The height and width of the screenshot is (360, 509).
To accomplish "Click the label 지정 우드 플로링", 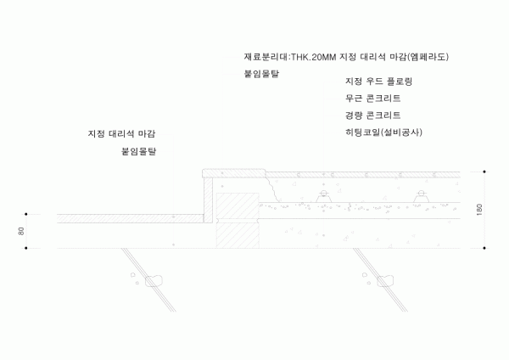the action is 378,82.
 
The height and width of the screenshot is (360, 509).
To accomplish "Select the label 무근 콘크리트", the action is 372,98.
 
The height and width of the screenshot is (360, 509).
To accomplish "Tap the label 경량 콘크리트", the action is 372,115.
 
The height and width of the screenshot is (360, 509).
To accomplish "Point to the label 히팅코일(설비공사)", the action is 383,132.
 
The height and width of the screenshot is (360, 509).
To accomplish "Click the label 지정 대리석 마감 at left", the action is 121,134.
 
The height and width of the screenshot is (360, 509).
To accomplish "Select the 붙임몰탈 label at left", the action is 139,151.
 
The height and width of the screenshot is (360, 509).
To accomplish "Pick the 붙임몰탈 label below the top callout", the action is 261,74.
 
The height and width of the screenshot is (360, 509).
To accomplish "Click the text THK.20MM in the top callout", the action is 314,57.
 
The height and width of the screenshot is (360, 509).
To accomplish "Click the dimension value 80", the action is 21,231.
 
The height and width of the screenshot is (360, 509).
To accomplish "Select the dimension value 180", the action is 479,210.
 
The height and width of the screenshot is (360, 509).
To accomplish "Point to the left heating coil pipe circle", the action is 324,194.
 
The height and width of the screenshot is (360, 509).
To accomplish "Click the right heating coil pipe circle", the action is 421,194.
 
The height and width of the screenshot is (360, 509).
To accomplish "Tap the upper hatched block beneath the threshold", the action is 238,205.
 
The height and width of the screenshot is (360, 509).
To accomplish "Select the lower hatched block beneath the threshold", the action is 238,235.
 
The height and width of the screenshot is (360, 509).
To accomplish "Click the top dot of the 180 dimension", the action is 484,172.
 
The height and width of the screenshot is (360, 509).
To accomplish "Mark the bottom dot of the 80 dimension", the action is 26,248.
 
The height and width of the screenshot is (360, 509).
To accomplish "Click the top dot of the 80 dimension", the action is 26,214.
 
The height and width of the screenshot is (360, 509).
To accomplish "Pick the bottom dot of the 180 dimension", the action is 484,248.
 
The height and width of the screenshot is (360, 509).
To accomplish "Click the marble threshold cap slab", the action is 234,173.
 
